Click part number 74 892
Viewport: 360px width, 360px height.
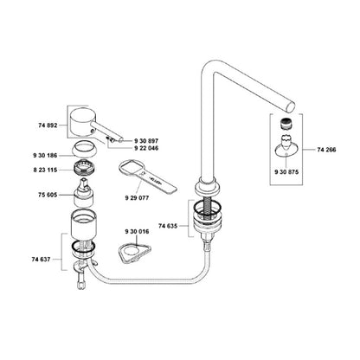pyautogui.click(x=48, y=125)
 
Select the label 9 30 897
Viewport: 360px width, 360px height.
pyautogui.click(x=146, y=141)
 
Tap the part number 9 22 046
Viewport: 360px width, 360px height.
pyautogui.click(x=146, y=148)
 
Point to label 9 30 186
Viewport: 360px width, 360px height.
pyautogui.click(x=45, y=156)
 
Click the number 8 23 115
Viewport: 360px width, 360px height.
pyautogui.click(x=45, y=170)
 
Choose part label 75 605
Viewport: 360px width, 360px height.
pyautogui.click(x=48, y=195)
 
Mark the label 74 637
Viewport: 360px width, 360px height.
pyautogui.click(x=41, y=260)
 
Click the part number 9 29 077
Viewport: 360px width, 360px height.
pyautogui.click(x=137, y=198)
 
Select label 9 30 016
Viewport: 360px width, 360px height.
pyautogui.click(x=137, y=232)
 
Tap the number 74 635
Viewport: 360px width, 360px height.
pyautogui.click(x=168, y=226)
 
